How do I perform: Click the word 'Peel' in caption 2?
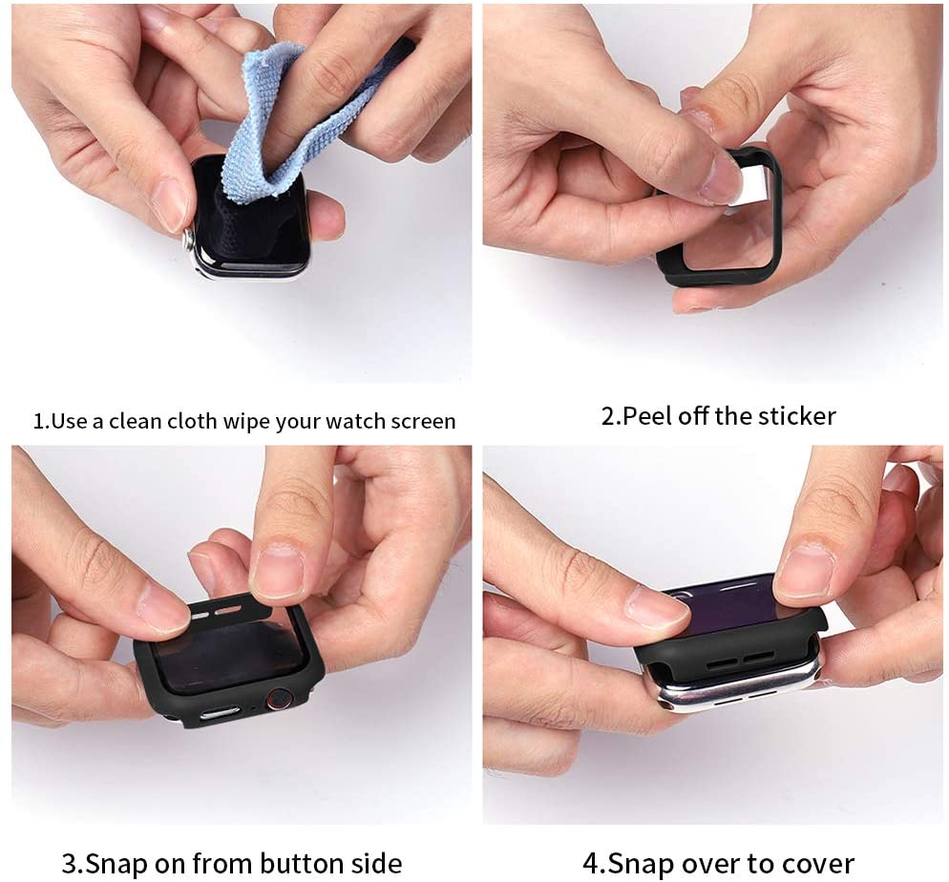(648, 416)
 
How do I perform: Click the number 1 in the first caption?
(39, 421)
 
